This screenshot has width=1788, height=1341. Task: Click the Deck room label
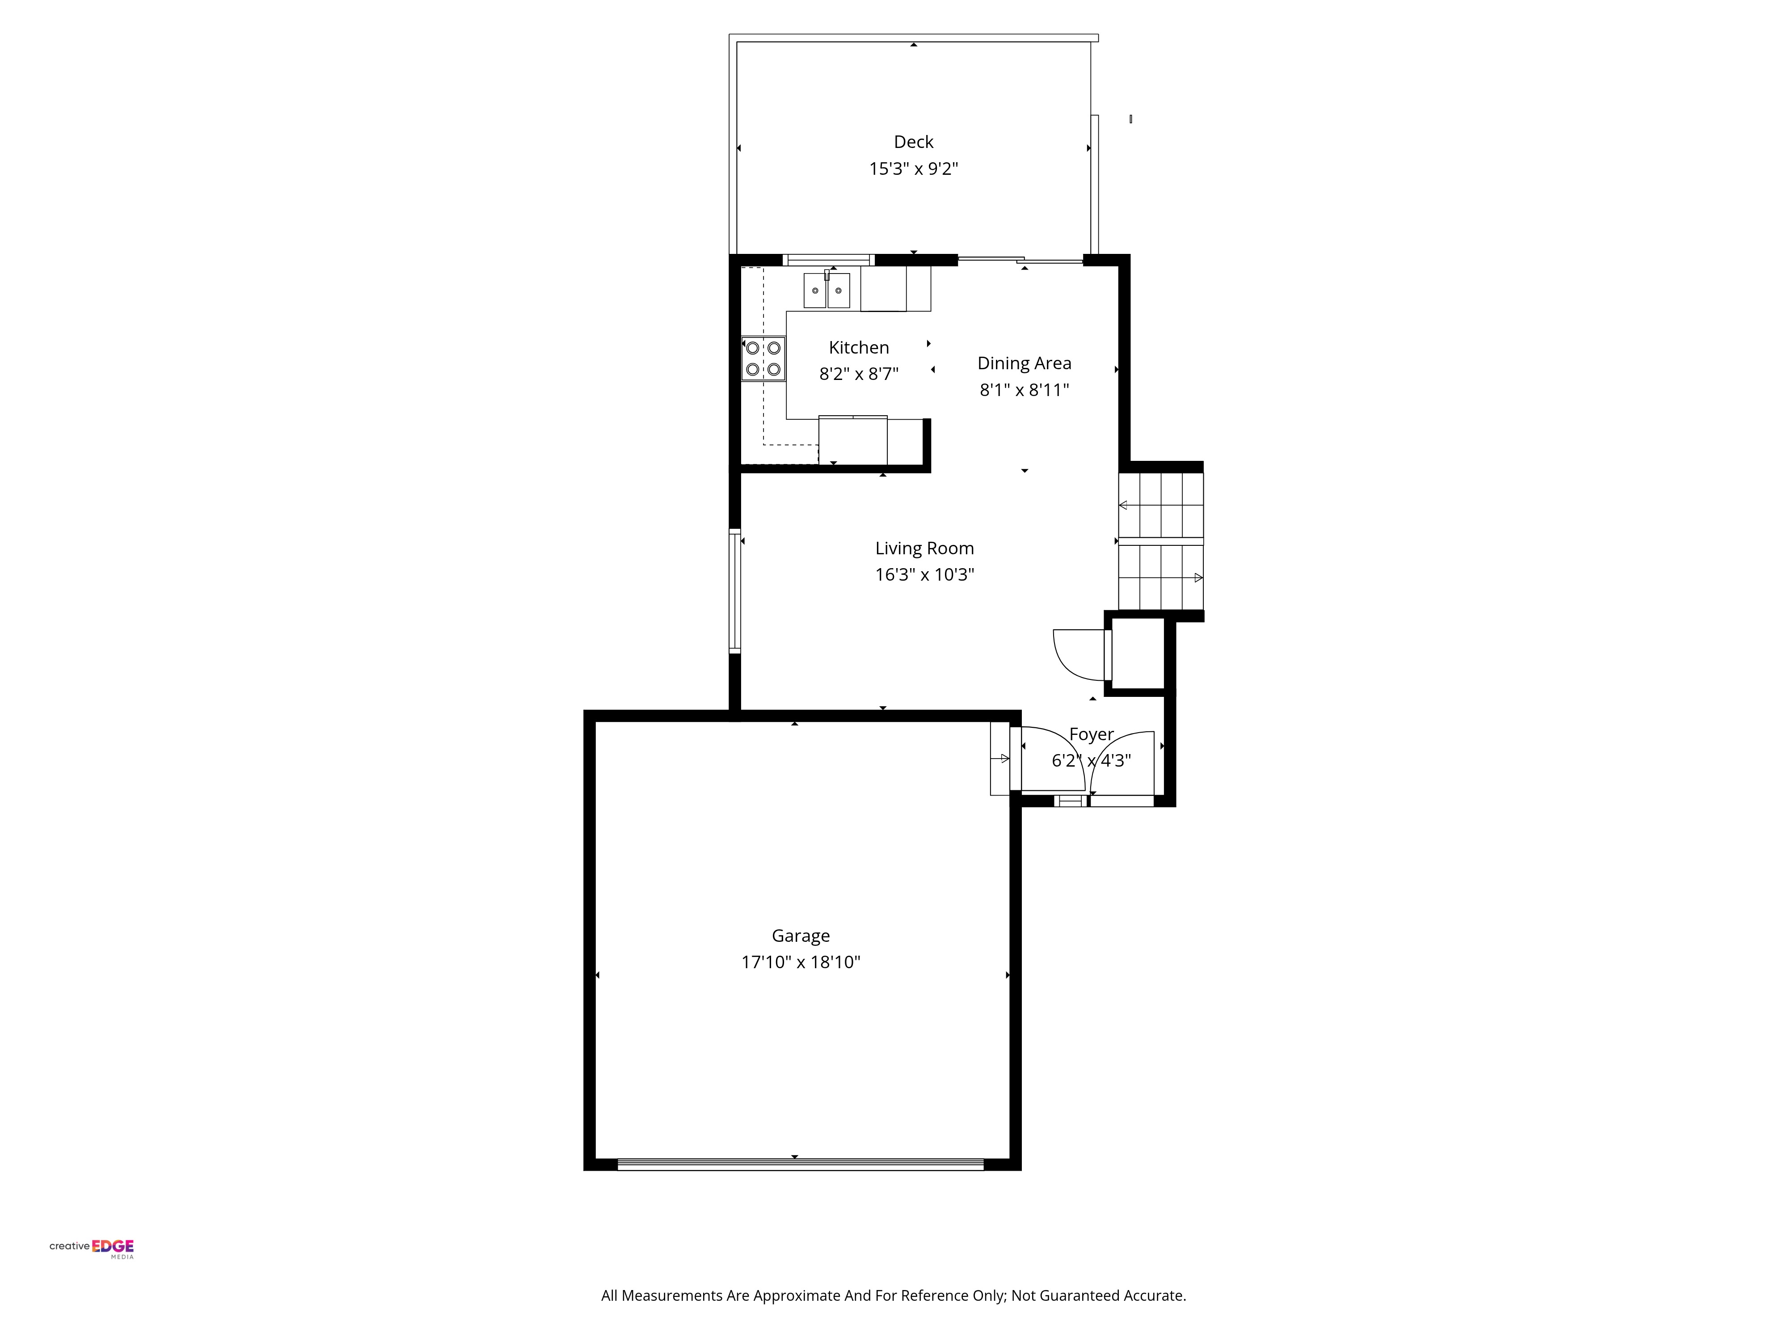click(x=913, y=142)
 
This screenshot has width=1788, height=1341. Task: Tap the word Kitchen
click(x=858, y=348)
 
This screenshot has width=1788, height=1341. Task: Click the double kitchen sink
click(x=826, y=290)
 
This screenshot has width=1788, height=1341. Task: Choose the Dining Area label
click(x=1024, y=364)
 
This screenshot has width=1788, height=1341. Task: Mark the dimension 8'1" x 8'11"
click(x=1024, y=390)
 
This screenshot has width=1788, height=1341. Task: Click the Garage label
click(x=800, y=936)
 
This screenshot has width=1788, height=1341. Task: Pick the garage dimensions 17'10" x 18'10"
click(x=800, y=962)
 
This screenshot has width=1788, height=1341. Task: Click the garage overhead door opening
click(x=800, y=1164)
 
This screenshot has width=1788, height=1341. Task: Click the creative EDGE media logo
click(x=91, y=1249)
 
